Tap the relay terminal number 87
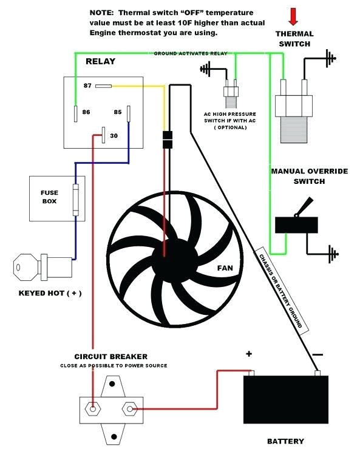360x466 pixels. pos(88,86)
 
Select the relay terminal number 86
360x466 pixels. pos(86,112)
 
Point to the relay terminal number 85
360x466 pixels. pos(117,112)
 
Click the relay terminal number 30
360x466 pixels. pos(114,135)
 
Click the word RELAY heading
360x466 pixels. pos(100,61)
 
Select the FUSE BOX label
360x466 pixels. pos(49,197)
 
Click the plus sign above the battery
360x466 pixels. pos(249,354)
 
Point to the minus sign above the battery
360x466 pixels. pos(318,354)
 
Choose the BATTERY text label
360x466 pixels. pos(285,441)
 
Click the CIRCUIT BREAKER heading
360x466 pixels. pos(110,356)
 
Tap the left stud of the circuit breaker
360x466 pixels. pos(93,409)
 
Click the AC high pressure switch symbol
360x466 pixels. pos(229,94)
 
